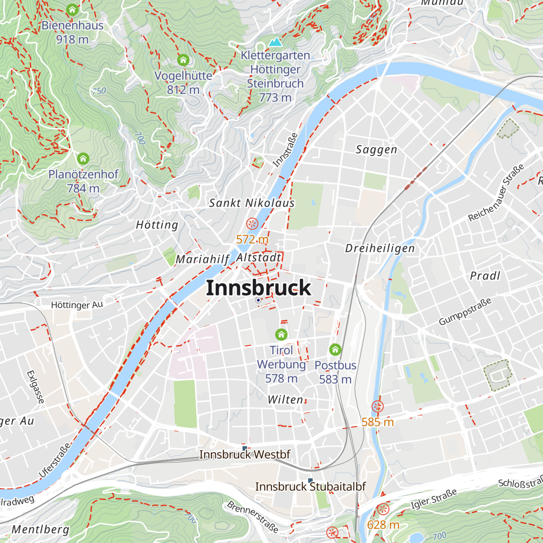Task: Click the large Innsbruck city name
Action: coord(258,288)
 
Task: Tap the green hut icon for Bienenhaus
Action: coord(72,10)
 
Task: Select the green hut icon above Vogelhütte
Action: coord(183,60)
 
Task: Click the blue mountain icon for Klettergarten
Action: coord(275,42)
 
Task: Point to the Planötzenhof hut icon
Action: coord(83,158)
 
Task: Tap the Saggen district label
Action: coord(376,150)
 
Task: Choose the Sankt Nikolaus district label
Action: coord(252,203)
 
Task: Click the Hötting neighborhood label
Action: coord(157,225)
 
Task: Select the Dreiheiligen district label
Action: coord(380,248)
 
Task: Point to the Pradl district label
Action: coord(485,276)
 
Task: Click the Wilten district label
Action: coord(286,400)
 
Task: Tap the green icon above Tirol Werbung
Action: coord(281,334)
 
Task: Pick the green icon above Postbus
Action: coord(335,349)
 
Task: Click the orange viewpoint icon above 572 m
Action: coord(252,224)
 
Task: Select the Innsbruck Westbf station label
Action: coord(245,454)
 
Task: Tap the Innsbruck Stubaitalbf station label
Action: coord(310,487)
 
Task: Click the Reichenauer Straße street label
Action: coord(496,193)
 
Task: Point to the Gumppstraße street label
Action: coord(465,312)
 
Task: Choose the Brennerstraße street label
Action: coord(252,517)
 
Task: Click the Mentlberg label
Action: coord(41,529)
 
